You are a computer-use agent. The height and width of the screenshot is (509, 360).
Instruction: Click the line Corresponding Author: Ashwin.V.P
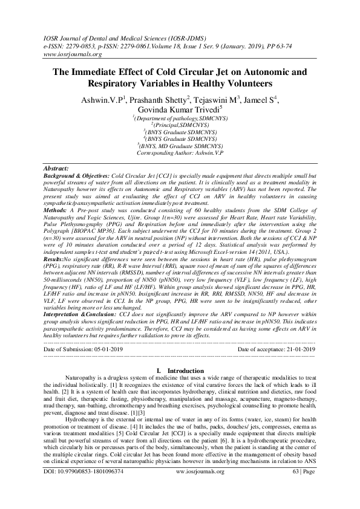180,154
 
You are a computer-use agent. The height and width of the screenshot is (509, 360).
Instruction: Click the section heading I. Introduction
180,370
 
